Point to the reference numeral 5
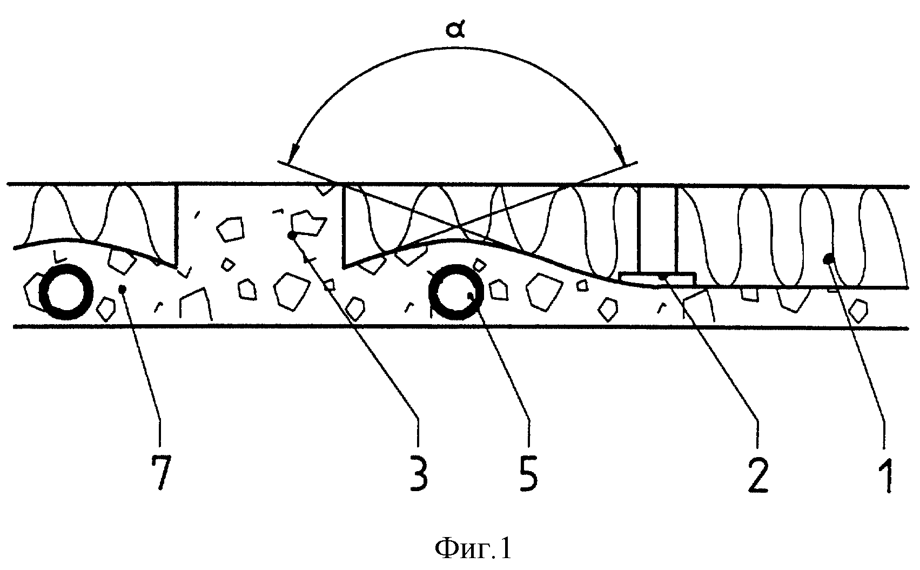[x=528, y=474]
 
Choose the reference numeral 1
[x=884, y=475]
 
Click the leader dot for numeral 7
[x=122, y=289]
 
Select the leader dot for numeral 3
[x=292, y=236]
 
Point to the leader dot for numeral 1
[x=828, y=259]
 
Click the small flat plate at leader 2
[x=657, y=278]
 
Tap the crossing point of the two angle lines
[x=456, y=226]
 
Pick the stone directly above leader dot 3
[x=308, y=223]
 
